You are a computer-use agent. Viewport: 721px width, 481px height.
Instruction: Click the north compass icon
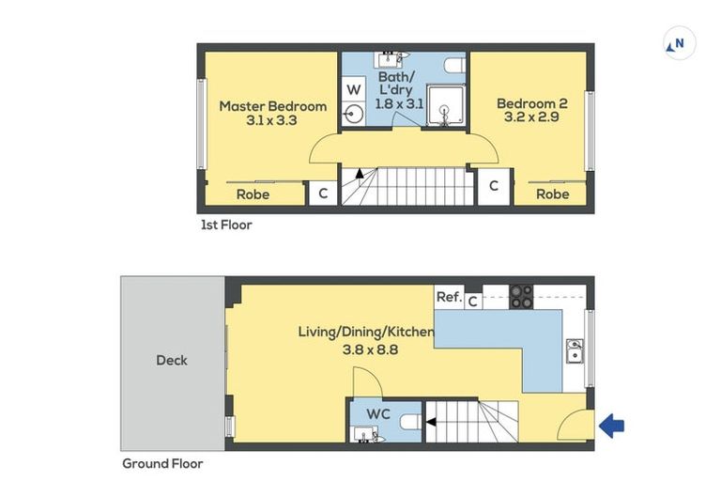point(679,44)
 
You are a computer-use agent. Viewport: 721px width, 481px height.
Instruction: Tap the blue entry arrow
point(611,426)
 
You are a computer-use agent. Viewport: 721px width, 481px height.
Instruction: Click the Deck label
point(172,360)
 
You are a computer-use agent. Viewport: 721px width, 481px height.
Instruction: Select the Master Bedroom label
point(273,106)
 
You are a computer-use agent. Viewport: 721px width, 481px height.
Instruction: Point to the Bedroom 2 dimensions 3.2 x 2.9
point(531,116)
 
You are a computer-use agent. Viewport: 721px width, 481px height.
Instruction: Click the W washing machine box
point(353,89)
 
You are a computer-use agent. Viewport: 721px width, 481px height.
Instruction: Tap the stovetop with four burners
point(521,297)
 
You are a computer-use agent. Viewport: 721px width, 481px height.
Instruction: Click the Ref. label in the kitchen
point(449,297)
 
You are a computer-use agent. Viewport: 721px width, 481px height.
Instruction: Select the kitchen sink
point(575,350)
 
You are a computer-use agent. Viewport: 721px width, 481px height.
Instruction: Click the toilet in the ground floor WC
point(410,422)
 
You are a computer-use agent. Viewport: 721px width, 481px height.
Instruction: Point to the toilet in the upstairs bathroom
point(455,66)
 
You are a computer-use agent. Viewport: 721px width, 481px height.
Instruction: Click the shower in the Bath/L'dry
point(445,105)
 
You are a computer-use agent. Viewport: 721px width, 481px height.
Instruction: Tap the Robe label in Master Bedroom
point(253,194)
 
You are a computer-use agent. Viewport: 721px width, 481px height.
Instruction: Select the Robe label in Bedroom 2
point(553,194)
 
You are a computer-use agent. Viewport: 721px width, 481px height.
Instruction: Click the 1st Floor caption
point(226,225)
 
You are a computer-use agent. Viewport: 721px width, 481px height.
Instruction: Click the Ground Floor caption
point(162,463)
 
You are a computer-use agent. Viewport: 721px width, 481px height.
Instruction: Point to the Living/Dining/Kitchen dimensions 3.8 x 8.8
point(370,349)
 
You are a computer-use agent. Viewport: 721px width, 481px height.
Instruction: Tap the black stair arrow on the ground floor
point(431,422)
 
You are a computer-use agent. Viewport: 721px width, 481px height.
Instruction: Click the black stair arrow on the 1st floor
point(360,174)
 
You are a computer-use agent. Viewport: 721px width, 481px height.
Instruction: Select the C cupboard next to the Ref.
point(473,302)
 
